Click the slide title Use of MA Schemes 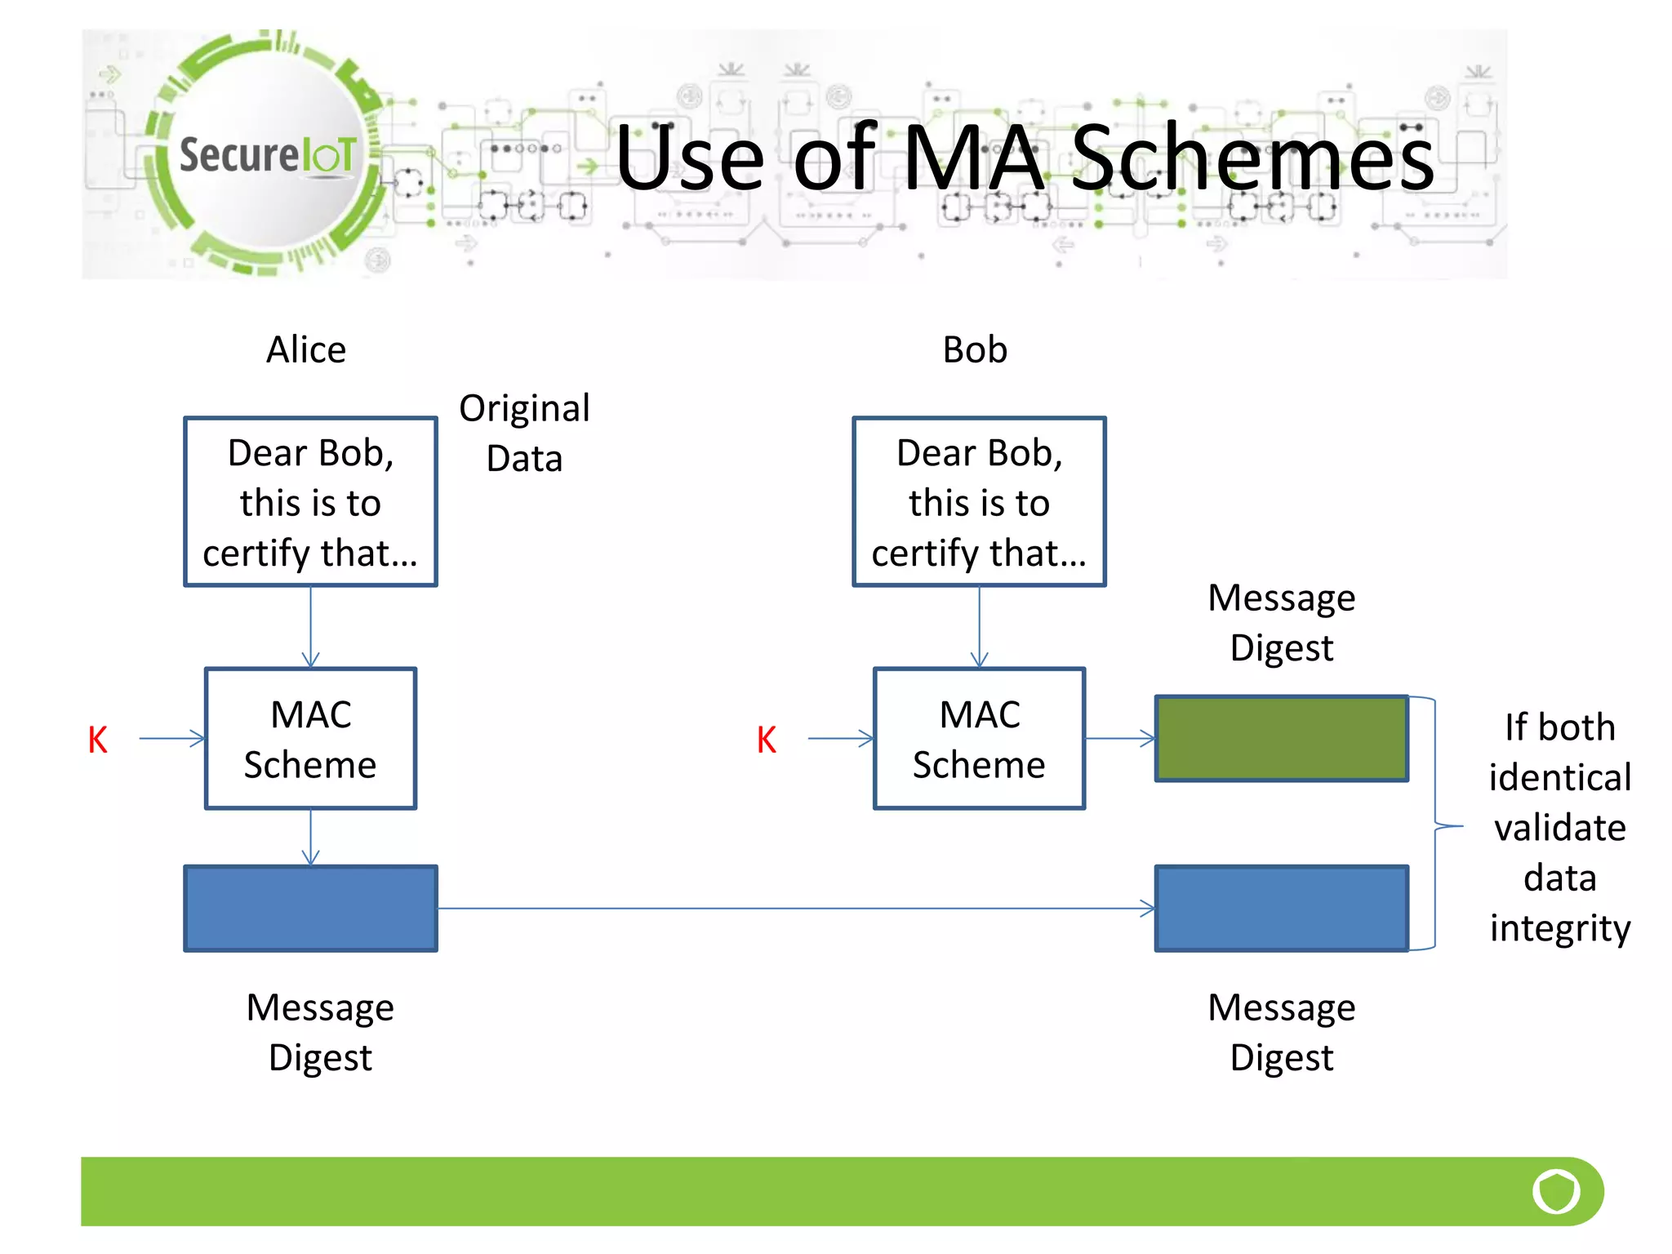click(1024, 157)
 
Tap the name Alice click(306, 349)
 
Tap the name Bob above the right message click(975, 349)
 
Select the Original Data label click(524, 433)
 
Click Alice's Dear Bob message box click(310, 502)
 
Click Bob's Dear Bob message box click(979, 502)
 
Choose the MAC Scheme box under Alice click(310, 739)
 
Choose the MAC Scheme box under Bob click(979, 739)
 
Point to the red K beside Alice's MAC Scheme click(98, 740)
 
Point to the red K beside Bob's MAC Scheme click(766, 740)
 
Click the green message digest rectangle click(1281, 739)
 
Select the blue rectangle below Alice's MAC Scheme click(310, 909)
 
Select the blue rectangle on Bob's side click(1281, 909)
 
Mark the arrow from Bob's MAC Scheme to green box click(1120, 739)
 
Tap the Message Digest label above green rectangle click(1281, 622)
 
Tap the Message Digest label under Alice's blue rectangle click(320, 1032)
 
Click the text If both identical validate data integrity click(1559, 827)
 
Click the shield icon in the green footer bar click(1556, 1191)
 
